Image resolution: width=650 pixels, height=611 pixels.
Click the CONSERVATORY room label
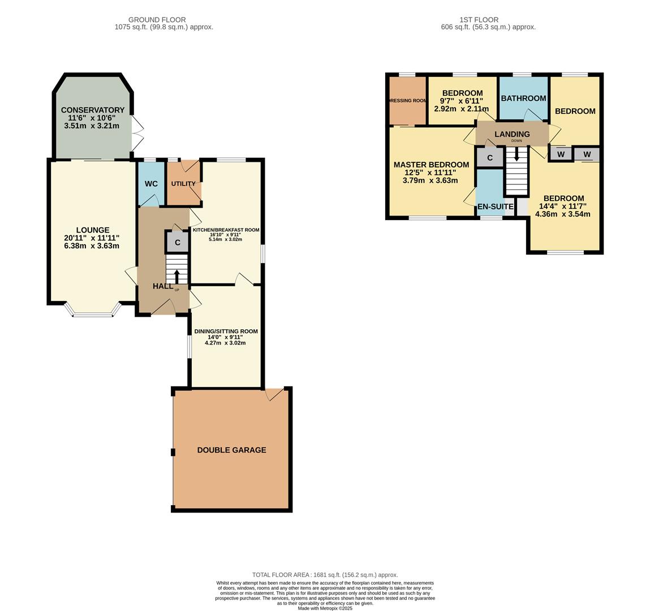coord(93,110)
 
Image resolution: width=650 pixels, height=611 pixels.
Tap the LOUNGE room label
coord(93,230)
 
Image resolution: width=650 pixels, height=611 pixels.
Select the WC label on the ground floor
coord(151,184)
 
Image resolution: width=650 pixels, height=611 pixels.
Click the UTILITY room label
coord(183,184)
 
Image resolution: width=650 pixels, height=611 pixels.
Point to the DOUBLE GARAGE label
coord(231,450)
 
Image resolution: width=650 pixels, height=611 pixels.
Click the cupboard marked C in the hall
coord(178,243)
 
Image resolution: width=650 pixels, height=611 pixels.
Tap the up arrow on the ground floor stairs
coord(177,276)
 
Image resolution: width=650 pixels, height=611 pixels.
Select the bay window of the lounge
coord(93,313)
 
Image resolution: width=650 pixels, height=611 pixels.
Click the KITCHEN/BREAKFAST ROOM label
coord(226,230)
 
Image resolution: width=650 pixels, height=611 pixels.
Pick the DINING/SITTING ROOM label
coord(226,332)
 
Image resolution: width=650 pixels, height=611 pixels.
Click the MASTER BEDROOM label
coord(431,165)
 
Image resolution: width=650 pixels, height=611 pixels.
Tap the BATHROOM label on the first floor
coord(523,98)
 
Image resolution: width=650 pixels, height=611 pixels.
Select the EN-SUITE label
coord(496,207)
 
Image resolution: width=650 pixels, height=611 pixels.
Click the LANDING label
coord(512,134)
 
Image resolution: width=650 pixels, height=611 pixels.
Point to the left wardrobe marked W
coord(561,154)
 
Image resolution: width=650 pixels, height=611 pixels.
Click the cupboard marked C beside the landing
coord(490,157)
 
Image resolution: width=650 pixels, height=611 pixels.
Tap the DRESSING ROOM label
coord(407,101)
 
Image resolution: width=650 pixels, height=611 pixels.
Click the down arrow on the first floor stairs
coord(516,154)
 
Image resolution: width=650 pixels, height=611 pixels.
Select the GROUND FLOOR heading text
coord(157,20)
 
